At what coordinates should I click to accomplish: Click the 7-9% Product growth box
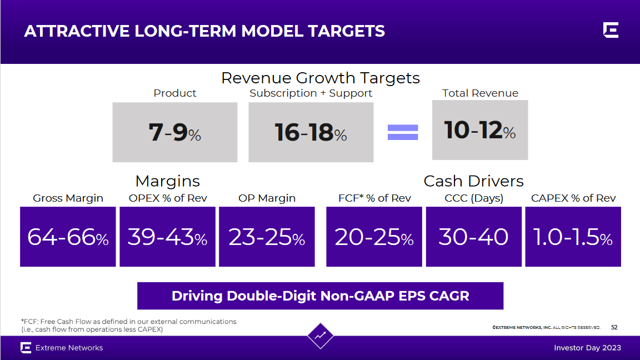(x=174, y=132)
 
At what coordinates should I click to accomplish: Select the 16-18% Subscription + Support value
(x=311, y=132)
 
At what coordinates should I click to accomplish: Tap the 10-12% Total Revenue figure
(x=480, y=130)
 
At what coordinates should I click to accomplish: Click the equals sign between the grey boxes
(x=402, y=132)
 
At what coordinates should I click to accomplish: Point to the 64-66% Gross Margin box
(x=68, y=237)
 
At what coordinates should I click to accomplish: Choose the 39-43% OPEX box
(x=167, y=237)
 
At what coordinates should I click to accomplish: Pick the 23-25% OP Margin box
(x=267, y=237)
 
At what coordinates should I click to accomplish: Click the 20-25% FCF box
(x=374, y=237)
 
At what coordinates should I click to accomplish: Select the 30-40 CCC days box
(x=473, y=237)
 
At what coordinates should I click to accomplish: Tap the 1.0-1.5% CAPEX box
(x=573, y=237)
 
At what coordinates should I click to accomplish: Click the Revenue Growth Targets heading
(x=320, y=78)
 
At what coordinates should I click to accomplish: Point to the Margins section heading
(x=167, y=181)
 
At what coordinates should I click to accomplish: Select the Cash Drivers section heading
(x=473, y=181)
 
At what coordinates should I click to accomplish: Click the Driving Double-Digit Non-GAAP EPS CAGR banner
(x=320, y=296)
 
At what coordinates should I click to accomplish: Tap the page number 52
(x=614, y=328)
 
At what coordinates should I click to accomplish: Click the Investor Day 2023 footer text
(x=587, y=348)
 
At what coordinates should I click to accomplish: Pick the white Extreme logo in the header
(x=611, y=31)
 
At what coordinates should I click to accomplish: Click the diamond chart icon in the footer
(x=320, y=336)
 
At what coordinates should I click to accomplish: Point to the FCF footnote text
(x=128, y=326)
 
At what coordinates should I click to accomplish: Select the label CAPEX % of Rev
(x=573, y=198)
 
